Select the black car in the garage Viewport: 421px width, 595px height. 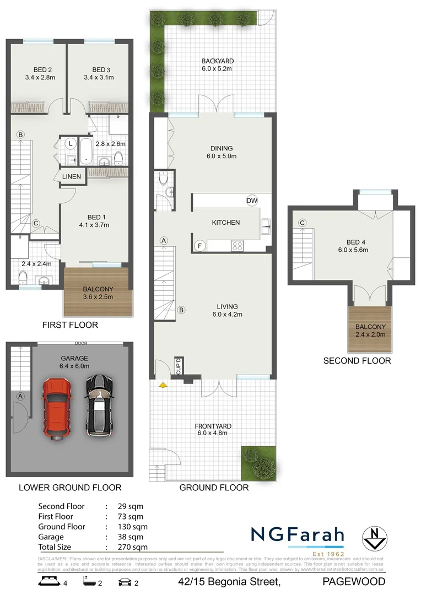point(99,405)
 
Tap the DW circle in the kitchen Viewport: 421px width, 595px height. point(252,201)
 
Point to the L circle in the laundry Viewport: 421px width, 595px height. point(70,143)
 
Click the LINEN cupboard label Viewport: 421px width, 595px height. point(72,176)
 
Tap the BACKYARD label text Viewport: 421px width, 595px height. point(217,61)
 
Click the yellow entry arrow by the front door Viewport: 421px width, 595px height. point(163,386)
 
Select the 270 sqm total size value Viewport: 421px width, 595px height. point(133,547)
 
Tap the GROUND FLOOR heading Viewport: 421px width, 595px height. point(214,488)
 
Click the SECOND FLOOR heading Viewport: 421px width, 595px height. point(357,361)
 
